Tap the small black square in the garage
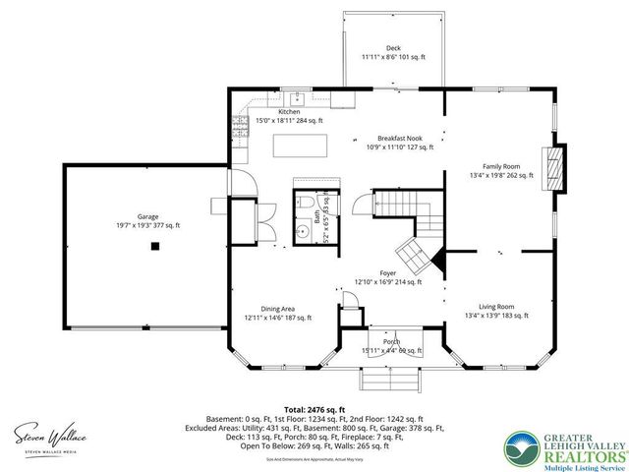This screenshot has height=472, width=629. pyautogui.click(x=154, y=248)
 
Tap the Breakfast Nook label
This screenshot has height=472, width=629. pyautogui.click(x=398, y=144)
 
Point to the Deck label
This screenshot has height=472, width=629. pyautogui.click(x=393, y=53)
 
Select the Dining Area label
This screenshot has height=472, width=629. pyautogui.click(x=278, y=312)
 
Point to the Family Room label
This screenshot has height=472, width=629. pyautogui.click(x=501, y=170)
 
